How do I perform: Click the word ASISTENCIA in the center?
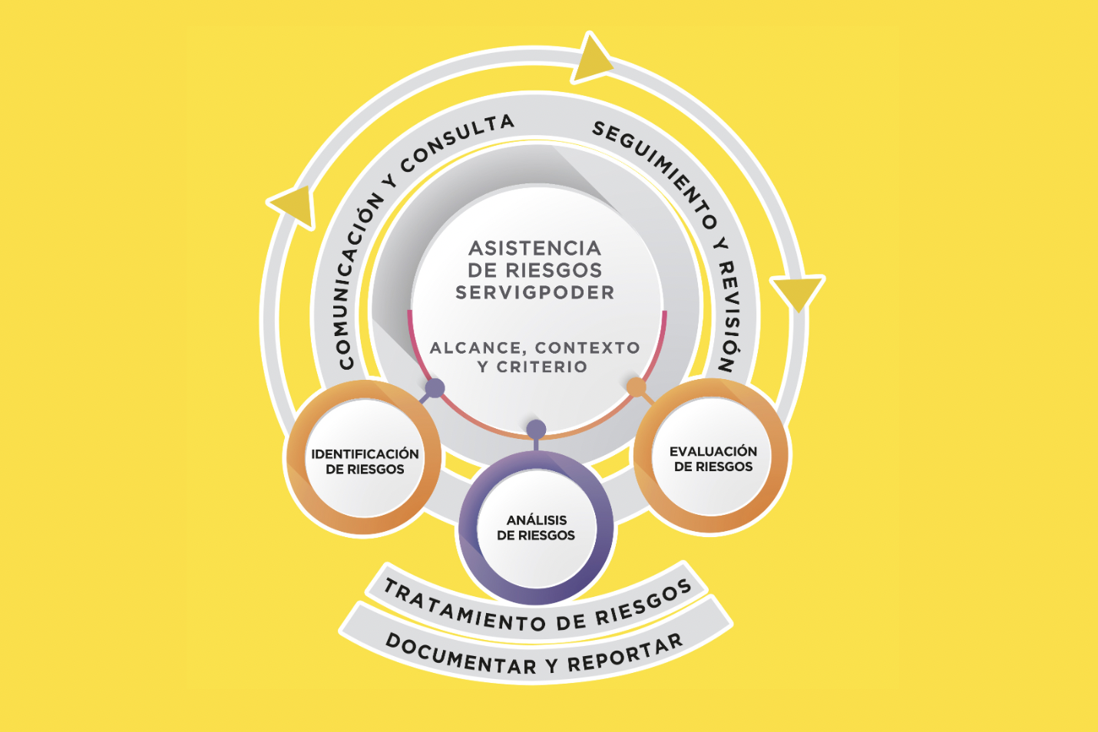(x=534, y=249)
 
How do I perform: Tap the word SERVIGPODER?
(x=534, y=292)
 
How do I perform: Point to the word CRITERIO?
(x=542, y=367)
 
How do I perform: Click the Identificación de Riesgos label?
(x=365, y=461)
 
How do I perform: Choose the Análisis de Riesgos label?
(x=536, y=528)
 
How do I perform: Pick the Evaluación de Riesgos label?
(x=713, y=459)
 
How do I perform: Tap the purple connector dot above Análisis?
(x=536, y=429)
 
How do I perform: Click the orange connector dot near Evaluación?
(x=637, y=387)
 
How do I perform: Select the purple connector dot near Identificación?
(x=435, y=388)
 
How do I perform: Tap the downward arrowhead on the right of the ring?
(x=798, y=292)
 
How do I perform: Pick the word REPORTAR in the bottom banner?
(x=626, y=655)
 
